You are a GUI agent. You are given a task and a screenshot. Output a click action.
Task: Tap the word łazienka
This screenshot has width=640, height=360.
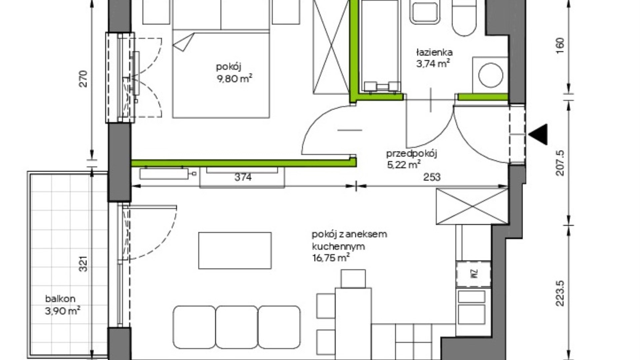(434, 52)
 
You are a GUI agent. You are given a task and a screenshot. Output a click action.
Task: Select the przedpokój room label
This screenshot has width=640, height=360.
(412, 154)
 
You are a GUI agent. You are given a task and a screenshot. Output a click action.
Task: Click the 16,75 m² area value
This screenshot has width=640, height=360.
(331, 258)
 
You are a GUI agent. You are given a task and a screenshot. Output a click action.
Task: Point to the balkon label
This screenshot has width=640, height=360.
(60, 299)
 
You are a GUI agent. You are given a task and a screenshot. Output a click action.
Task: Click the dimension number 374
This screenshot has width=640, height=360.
(243, 177)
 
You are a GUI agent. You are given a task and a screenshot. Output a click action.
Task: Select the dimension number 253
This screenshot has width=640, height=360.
(432, 177)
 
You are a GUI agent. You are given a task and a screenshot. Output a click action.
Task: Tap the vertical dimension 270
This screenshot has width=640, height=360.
(83, 79)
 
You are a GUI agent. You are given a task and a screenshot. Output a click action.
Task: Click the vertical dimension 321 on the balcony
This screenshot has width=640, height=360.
(83, 264)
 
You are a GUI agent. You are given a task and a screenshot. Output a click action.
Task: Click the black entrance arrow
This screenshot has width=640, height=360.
(538, 134)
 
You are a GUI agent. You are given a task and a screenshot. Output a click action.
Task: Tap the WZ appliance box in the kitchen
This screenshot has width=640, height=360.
(473, 274)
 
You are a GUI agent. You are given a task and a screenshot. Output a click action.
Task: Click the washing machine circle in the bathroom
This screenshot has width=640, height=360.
(491, 75)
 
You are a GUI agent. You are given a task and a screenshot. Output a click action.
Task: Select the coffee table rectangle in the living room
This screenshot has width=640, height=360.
(235, 250)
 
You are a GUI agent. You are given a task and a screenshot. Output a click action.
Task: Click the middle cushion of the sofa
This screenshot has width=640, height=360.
(237, 327)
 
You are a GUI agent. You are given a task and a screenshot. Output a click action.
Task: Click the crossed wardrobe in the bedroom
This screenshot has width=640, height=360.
(331, 47)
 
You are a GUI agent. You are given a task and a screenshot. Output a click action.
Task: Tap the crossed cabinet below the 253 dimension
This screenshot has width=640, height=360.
(472, 206)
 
